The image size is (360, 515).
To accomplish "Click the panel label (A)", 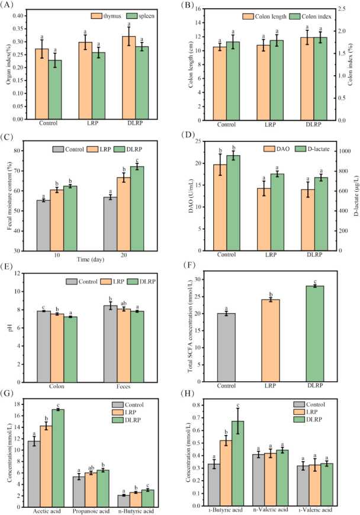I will coord(10,7).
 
